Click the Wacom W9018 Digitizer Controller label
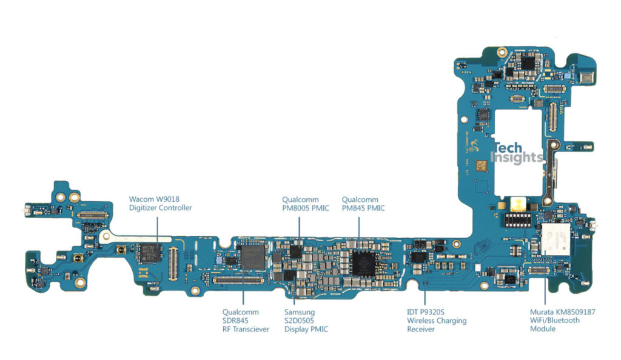[161, 203]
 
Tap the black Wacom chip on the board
[149, 253]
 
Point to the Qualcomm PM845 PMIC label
[363, 203]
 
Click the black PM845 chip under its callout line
[363, 262]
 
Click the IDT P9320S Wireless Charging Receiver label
[437, 321]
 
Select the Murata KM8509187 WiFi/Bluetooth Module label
[563, 321]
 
